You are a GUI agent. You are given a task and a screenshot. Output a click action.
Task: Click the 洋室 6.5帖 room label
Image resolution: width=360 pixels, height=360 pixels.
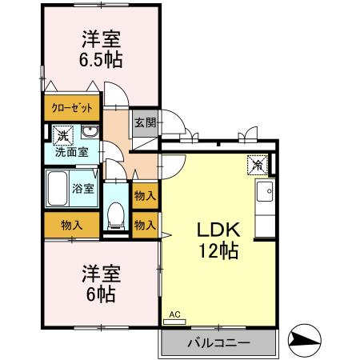(x=100, y=49)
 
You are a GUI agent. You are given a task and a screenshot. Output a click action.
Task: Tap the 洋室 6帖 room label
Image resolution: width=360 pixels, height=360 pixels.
(x=100, y=284)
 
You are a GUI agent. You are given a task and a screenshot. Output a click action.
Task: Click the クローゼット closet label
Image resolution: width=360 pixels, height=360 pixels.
(x=72, y=107)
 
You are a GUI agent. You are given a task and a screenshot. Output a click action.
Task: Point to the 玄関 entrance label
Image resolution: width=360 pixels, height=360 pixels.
(x=145, y=123)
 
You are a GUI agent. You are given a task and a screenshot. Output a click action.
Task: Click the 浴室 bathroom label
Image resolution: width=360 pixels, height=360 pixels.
(x=83, y=189)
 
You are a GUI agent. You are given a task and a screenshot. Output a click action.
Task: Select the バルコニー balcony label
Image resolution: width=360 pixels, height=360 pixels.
(x=218, y=342)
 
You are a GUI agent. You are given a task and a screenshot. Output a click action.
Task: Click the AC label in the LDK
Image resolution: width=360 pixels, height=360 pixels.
(x=174, y=316)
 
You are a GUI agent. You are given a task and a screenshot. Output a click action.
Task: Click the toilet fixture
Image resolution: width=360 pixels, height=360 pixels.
(x=115, y=212)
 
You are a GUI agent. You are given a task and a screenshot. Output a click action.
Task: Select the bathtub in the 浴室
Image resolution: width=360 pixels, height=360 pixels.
(x=58, y=189)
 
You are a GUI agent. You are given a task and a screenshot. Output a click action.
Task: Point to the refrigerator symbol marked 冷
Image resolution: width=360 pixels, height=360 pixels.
(x=258, y=164)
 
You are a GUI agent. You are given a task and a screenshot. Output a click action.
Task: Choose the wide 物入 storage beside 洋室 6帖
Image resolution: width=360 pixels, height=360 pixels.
(x=71, y=225)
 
